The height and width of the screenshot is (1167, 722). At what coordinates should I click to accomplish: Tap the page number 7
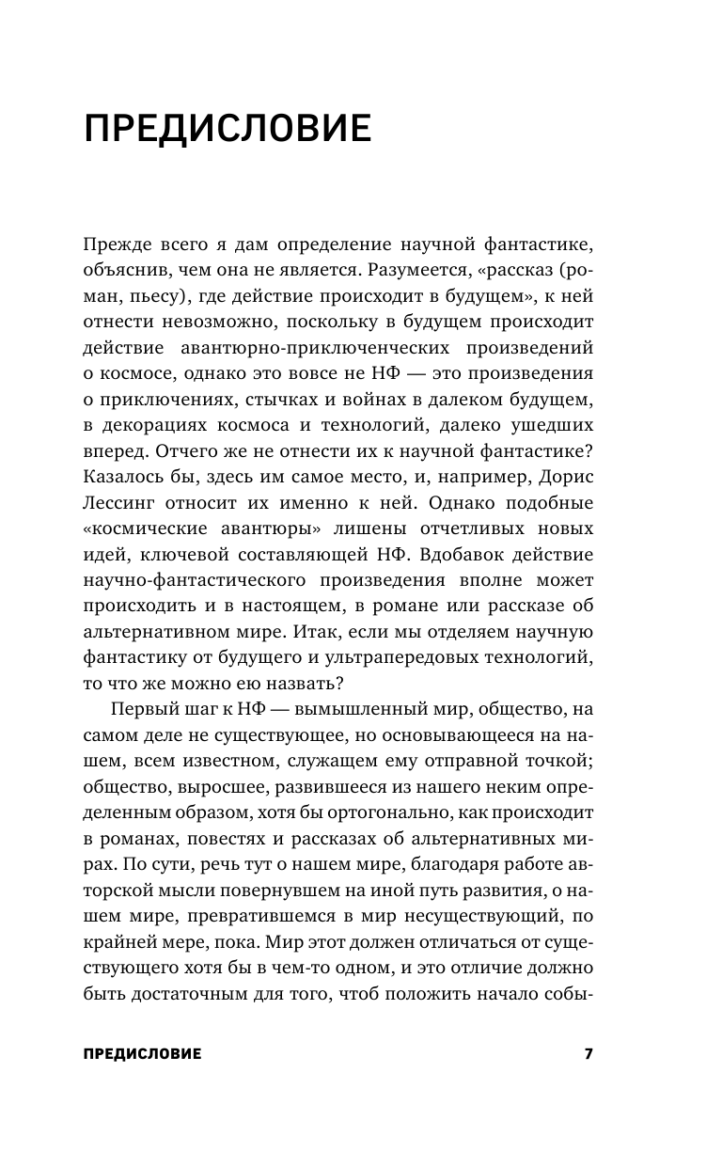589,1053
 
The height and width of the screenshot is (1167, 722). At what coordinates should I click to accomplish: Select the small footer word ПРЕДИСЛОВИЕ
142,1054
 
